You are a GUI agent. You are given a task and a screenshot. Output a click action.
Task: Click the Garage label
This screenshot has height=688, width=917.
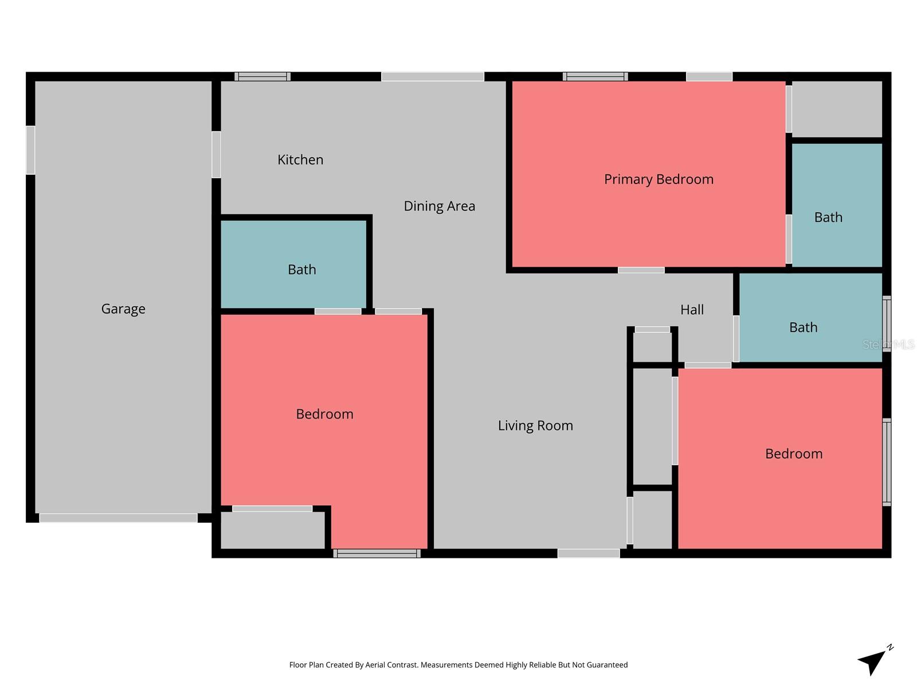(123, 309)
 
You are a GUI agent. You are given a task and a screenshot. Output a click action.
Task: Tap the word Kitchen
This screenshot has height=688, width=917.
(300, 160)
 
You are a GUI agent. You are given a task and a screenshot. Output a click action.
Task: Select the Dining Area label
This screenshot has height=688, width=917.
(439, 206)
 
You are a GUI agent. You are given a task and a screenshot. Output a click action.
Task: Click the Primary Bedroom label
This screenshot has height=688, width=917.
(659, 179)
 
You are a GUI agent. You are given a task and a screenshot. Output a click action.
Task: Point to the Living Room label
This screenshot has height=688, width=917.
(535, 425)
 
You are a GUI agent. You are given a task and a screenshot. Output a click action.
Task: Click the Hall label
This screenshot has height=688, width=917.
(692, 310)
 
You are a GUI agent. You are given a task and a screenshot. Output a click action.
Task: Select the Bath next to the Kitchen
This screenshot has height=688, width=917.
(301, 269)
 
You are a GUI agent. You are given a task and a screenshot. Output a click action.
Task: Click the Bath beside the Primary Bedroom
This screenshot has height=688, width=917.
(828, 217)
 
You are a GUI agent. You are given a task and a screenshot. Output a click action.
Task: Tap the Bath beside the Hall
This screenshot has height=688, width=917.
(803, 327)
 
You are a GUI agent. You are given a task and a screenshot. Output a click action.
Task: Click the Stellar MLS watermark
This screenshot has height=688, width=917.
(888, 345)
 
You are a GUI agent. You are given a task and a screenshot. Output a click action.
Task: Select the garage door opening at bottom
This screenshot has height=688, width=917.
(118, 518)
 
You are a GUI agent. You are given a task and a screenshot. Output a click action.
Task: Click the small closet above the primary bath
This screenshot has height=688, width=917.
(836, 109)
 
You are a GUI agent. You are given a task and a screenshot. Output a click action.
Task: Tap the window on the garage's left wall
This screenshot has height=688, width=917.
(30, 150)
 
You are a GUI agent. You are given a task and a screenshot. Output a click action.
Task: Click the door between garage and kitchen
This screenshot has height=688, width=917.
(216, 155)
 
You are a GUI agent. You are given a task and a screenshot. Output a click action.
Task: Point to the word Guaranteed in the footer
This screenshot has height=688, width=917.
(607, 665)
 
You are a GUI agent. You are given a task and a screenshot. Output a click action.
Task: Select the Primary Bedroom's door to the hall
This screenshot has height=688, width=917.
(641, 270)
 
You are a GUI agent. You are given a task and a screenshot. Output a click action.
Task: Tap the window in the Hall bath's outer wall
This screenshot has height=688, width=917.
(887, 323)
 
